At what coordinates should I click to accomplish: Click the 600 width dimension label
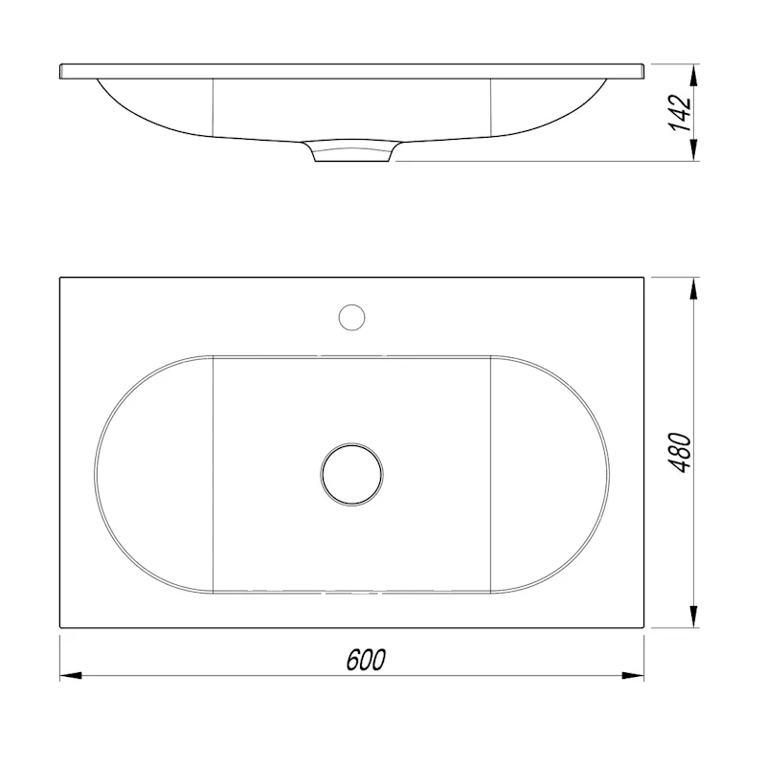coord(366,660)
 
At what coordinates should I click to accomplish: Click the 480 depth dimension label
coord(680,452)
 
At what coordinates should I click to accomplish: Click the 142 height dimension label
coord(680,113)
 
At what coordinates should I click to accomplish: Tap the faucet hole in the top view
coord(351,318)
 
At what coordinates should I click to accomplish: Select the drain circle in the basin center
coord(351,474)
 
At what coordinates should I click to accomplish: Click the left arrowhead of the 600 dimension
coord(70,676)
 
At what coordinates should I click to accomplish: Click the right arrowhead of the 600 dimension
coord(633,676)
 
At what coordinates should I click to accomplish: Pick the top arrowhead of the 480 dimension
coord(693,289)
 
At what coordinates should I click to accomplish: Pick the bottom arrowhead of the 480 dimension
coord(693,617)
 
